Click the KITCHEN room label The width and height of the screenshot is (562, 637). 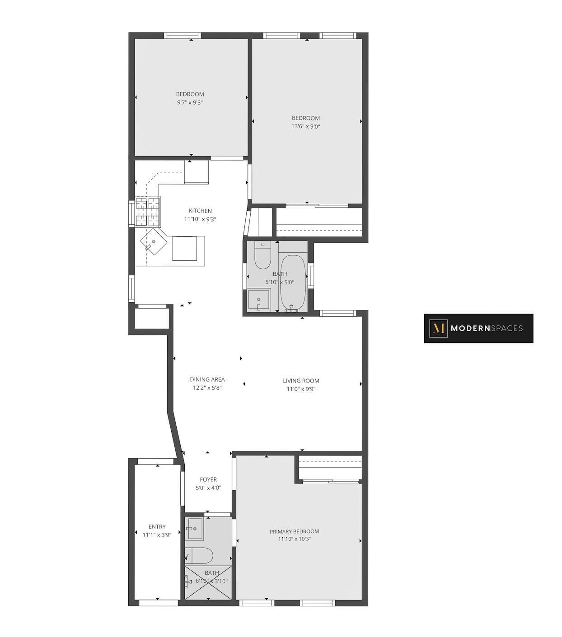(x=200, y=211)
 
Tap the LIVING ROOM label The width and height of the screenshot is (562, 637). (x=301, y=381)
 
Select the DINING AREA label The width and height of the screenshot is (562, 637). (x=207, y=379)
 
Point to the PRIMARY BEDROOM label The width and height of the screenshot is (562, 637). (x=295, y=531)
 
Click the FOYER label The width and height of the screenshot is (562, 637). (x=208, y=480)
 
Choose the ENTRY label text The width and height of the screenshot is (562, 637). (x=157, y=526)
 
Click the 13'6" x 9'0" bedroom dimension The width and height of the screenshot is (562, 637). (x=306, y=127)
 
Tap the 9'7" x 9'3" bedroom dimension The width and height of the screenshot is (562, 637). (x=190, y=102)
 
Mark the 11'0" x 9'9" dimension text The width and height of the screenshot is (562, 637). (x=301, y=389)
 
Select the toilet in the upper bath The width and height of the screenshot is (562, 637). (x=262, y=255)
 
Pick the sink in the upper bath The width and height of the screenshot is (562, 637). (x=259, y=300)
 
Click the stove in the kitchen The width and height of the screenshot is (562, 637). (x=148, y=212)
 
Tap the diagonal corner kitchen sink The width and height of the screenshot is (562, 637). (x=154, y=242)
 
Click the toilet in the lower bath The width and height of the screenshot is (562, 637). (x=199, y=555)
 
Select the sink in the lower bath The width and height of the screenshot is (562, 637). (x=195, y=528)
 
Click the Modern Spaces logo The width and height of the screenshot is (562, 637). (x=478, y=328)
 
